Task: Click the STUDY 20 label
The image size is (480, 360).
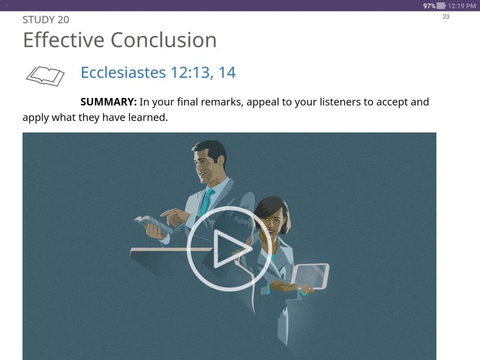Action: pos(46,20)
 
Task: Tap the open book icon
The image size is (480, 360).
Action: pos(45,76)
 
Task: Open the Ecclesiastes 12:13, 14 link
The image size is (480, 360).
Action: pos(158,72)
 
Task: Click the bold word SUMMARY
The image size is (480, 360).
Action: pos(108,102)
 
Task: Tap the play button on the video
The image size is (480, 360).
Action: pos(229,248)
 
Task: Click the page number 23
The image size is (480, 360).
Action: pos(446,17)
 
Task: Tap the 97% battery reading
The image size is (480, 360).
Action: pos(429,6)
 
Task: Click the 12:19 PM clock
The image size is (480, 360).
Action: pos(461,6)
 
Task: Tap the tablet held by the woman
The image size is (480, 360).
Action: pos(311,276)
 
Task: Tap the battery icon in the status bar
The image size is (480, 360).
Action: pos(441,6)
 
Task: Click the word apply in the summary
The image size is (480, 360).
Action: pos(36,117)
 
